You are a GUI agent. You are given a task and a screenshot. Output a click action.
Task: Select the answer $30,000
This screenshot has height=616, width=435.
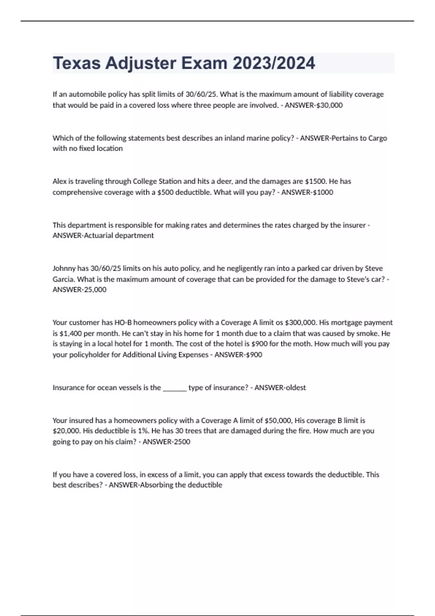330,105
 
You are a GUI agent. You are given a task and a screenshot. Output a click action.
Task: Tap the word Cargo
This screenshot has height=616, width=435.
377,138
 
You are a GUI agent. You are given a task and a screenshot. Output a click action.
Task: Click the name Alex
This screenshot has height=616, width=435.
60,181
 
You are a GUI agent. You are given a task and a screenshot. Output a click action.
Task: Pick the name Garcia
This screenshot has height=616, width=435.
63,279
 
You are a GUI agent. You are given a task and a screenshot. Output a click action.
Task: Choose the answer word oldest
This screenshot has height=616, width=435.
294,388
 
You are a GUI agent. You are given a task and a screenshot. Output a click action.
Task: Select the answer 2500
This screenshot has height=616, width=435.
181,442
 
